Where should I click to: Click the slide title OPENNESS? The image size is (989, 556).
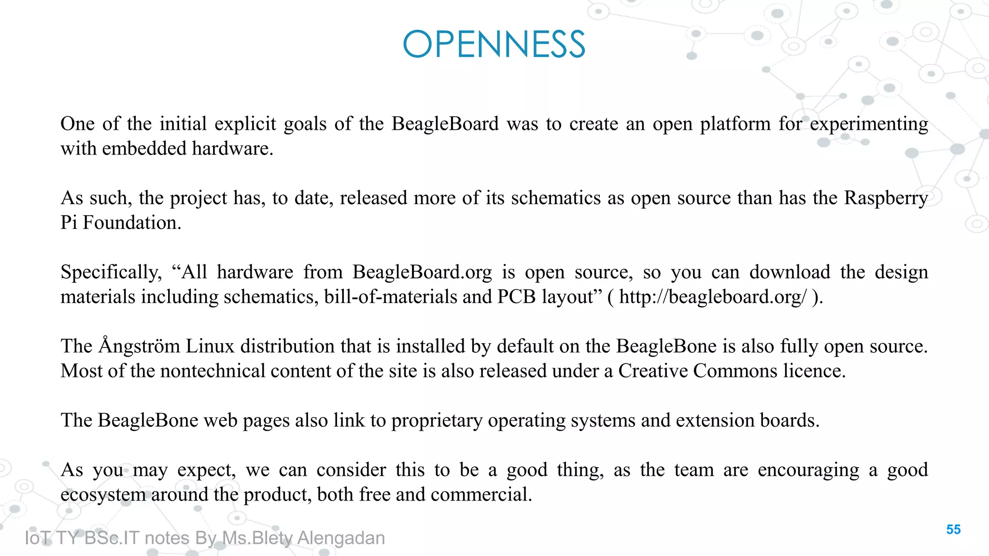494,44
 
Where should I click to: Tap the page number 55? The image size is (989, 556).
953,529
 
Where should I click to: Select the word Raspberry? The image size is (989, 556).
886,198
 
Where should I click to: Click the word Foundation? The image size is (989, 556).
131,223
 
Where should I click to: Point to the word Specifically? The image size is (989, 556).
111,273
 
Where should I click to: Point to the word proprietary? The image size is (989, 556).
437,421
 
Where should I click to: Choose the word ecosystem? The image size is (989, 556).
103,495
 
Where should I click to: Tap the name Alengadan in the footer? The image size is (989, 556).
341,538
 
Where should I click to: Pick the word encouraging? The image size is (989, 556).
808,470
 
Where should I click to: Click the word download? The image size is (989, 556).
790,273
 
